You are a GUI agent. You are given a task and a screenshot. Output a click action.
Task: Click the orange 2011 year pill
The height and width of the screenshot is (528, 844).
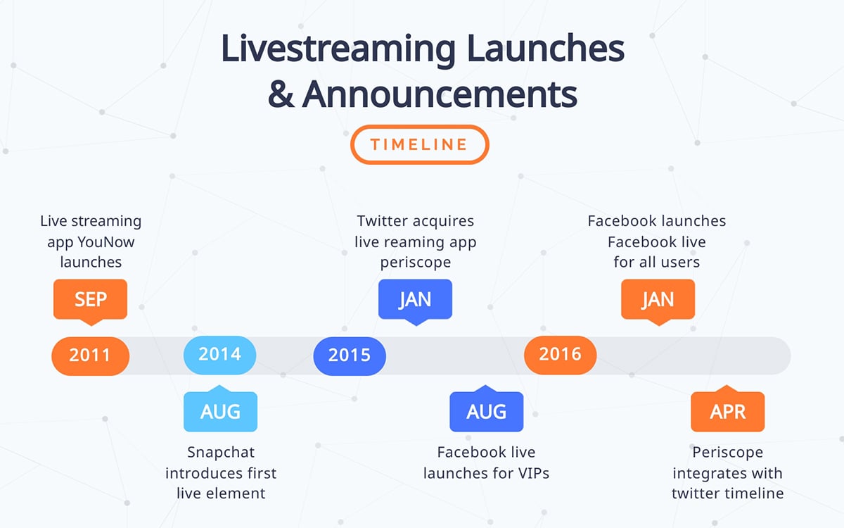(x=90, y=355)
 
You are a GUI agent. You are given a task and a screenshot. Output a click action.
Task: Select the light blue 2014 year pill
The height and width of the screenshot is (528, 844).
(x=219, y=354)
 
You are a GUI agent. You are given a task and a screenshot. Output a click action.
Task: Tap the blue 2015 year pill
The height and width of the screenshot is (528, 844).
(x=350, y=355)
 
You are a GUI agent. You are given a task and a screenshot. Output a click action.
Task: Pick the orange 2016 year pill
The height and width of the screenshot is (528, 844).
(x=561, y=354)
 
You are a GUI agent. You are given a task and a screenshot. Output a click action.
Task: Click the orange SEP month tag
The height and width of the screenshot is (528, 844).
(x=90, y=299)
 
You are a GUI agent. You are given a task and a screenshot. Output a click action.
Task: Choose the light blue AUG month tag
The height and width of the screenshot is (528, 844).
(x=220, y=412)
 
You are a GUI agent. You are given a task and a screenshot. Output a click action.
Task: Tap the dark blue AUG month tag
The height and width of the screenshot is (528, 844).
(x=487, y=412)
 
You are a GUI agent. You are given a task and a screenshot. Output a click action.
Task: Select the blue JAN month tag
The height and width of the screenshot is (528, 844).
(x=415, y=299)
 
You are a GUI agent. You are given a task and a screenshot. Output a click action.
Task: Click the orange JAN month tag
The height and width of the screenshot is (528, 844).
(x=658, y=299)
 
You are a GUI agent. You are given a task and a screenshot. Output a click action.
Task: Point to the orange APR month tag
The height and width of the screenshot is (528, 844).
(x=727, y=412)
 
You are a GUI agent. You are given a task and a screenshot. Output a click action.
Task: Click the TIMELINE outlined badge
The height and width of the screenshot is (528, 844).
(x=419, y=145)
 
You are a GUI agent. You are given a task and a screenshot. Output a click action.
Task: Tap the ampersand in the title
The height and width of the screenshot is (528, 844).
(x=281, y=95)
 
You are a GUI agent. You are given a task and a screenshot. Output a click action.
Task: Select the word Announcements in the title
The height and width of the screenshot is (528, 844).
(x=439, y=95)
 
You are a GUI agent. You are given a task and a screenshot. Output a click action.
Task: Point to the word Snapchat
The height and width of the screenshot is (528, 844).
(x=219, y=452)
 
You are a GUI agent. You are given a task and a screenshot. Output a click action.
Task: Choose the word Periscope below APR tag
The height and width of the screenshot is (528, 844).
(x=727, y=452)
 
